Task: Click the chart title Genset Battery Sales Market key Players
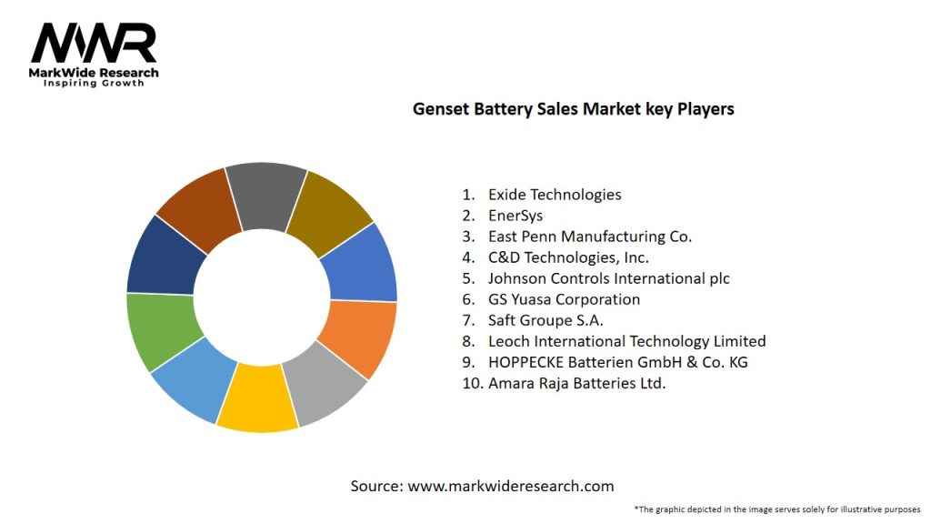573,109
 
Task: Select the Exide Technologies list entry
555,195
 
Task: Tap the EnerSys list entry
515,216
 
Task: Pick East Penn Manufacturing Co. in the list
589,237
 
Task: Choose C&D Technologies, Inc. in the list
568,257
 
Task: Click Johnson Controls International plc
608,278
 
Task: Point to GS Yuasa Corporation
564,299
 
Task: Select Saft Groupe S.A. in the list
546,320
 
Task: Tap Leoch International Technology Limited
626,341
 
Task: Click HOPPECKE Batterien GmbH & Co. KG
617,362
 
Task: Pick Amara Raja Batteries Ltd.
576,383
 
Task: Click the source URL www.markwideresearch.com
511,486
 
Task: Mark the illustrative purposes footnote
777,509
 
